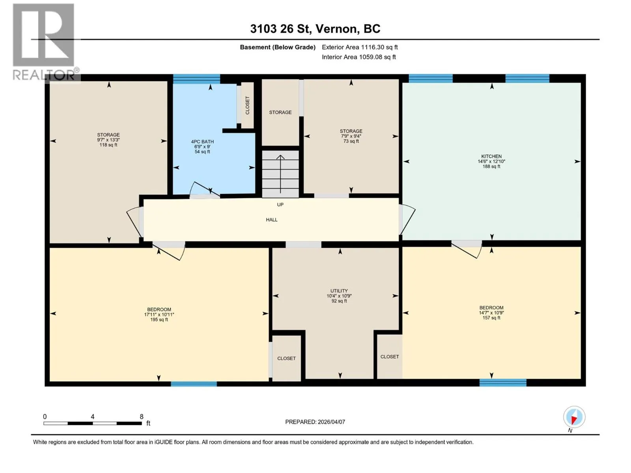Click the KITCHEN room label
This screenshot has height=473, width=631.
tap(491, 156)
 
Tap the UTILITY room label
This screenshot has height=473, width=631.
tap(339, 291)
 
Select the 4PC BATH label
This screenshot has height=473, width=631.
tap(202, 142)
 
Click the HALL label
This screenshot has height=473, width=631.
tap(272, 220)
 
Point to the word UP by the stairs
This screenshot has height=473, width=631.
tap(280, 205)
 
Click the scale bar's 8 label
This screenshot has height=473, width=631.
tap(142, 416)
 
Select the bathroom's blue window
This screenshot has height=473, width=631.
tap(197, 79)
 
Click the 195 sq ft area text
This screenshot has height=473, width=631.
tap(159, 319)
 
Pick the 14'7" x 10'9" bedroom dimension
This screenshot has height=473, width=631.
tap(491, 313)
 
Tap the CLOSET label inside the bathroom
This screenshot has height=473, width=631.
tap(247, 105)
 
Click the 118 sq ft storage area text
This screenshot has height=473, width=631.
tap(108, 145)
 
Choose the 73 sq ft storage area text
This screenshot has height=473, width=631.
tap(351, 141)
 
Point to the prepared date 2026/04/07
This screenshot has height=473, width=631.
tap(331, 422)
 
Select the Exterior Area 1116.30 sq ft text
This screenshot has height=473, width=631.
tap(360, 47)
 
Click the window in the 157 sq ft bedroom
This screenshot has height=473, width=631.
tap(503, 382)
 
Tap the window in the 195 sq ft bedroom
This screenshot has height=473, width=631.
tap(194, 384)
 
